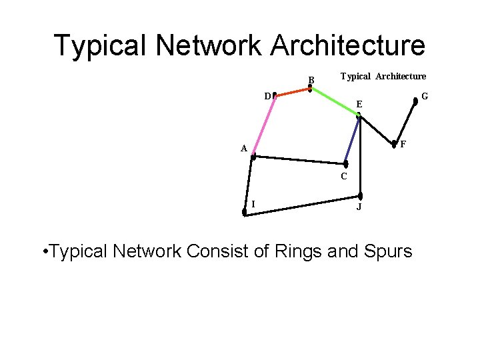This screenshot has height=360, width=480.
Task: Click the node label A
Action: point(245,149)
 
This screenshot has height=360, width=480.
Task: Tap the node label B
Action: point(311,81)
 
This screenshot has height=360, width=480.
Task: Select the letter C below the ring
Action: point(344,177)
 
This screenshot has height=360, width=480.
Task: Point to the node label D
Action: point(267,97)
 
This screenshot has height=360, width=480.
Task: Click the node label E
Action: point(359,105)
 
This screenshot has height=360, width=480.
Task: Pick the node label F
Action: point(403,145)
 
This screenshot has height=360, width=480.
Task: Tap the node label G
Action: point(425,97)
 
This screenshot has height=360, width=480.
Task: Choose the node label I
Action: point(253,204)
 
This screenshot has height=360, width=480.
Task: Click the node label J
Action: point(359,207)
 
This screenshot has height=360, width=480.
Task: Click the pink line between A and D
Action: point(263,127)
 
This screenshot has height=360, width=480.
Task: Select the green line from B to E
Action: point(334,101)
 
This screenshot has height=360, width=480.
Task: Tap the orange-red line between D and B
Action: point(292,91)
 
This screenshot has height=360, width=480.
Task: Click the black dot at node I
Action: point(245,212)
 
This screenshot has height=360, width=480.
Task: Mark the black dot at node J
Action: point(360,196)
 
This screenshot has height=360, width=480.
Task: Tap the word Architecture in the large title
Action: point(347,45)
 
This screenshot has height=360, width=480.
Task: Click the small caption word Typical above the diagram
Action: point(355,77)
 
